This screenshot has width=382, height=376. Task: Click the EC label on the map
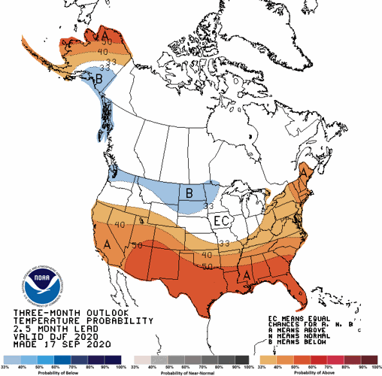coord(220,221)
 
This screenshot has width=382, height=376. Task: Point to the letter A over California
coord(108,244)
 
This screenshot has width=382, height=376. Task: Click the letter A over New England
coord(303,173)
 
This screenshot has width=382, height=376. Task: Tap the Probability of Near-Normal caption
coord(191,371)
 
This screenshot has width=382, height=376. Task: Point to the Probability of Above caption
coord(315,371)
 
